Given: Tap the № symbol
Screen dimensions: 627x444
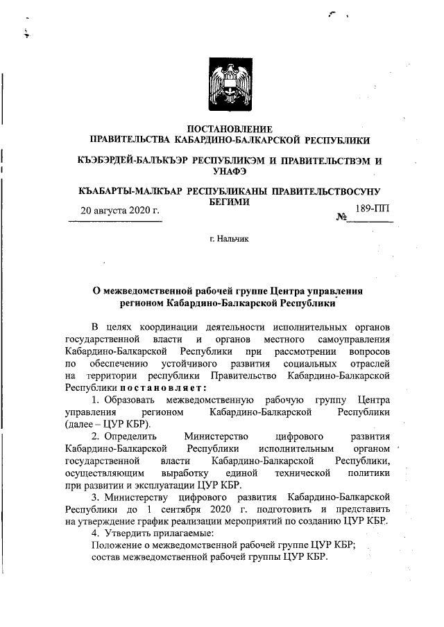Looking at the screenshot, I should click(x=341, y=218).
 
